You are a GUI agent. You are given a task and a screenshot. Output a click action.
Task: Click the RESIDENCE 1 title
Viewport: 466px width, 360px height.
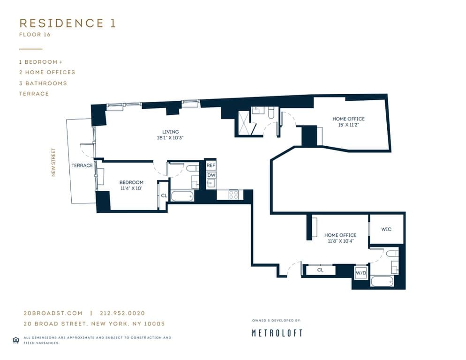tap(68, 23)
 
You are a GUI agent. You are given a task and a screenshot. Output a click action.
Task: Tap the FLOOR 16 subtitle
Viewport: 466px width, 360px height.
tap(35, 35)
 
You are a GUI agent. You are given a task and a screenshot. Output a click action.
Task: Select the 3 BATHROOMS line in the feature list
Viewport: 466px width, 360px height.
tap(43, 83)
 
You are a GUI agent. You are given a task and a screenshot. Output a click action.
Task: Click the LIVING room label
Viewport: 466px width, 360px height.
tap(171, 132)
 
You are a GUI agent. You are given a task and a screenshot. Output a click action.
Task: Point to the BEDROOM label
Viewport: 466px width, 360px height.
tap(131, 182)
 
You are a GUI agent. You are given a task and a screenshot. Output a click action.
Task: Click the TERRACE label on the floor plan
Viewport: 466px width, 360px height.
tap(82, 165)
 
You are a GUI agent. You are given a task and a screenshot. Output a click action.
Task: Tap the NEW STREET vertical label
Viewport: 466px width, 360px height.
tap(53, 162)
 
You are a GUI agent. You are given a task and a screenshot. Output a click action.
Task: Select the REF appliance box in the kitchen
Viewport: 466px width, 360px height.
tap(211, 166)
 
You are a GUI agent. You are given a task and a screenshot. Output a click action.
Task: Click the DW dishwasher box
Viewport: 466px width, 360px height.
tap(211, 175)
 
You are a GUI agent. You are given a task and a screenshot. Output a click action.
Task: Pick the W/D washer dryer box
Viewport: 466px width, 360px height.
tap(361, 272)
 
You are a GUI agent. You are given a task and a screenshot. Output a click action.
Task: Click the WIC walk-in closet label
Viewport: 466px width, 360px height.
tap(386, 229)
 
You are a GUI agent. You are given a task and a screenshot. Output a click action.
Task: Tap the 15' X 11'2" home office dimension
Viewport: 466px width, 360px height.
tap(348, 125)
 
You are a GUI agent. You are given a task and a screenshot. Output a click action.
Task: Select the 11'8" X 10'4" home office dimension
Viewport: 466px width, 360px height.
tap(340, 241)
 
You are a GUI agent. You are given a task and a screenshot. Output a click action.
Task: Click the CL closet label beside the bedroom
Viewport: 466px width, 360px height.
tap(164, 195)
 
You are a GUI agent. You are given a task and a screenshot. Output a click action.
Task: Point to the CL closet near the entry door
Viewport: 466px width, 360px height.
tap(320, 270)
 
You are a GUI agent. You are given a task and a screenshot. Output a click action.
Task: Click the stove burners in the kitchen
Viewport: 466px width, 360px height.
tap(233, 194)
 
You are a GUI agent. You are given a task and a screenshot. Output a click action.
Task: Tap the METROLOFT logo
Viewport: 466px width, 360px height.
tap(277, 333)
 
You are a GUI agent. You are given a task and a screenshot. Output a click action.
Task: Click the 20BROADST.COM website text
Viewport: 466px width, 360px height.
tap(53, 313)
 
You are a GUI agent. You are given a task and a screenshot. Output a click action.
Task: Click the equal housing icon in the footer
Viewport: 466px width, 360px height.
tap(15, 340)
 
